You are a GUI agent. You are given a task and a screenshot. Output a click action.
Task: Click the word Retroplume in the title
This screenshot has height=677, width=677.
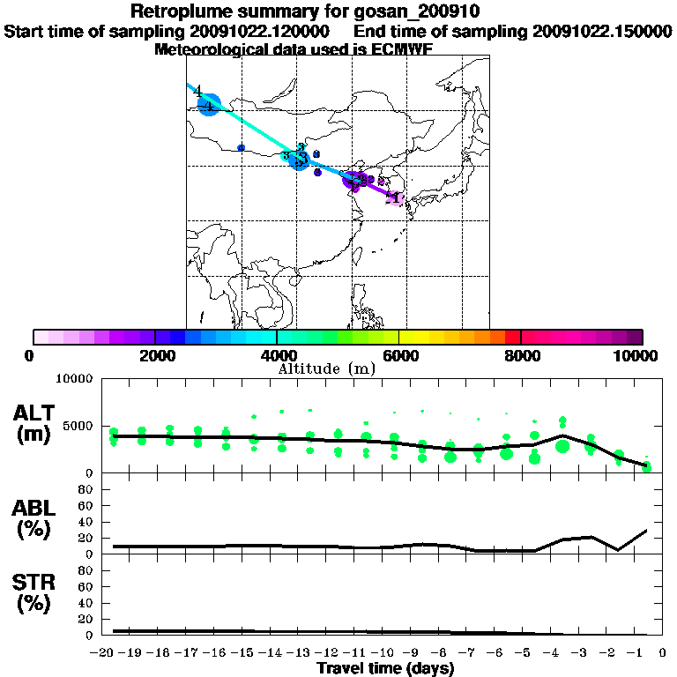click(176, 11)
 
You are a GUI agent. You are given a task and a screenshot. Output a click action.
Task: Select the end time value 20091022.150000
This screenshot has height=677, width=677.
click(603, 32)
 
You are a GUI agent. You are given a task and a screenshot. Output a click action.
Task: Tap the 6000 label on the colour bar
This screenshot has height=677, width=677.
click(399, 355)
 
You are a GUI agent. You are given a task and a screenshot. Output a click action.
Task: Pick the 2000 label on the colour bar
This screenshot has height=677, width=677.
click(154, 355)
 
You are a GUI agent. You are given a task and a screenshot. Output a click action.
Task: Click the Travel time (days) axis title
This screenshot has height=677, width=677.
click(385, 669)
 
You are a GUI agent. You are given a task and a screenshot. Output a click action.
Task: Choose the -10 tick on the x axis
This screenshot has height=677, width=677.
click(384, 652)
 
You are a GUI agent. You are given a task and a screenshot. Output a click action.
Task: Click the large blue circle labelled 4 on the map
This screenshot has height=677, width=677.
click(209, 107)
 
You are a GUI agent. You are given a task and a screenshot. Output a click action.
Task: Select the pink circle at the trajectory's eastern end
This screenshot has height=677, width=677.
click(396, 198)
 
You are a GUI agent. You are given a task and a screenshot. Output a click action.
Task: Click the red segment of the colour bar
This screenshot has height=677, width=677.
click(512, 337)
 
